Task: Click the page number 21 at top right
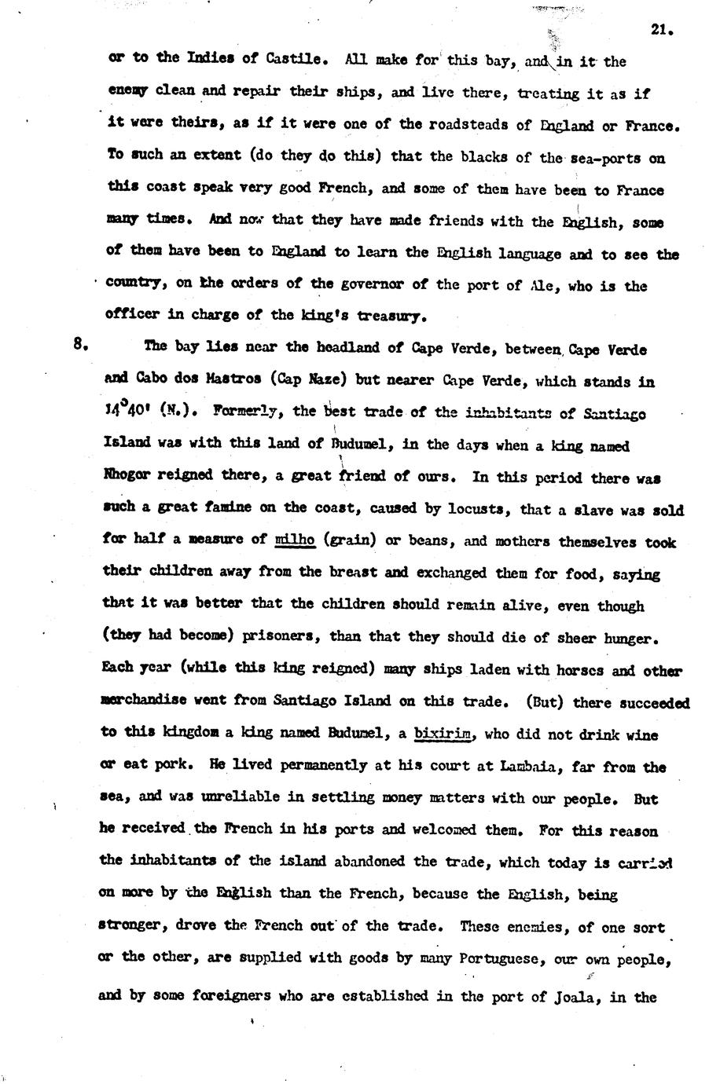point(658,30)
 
